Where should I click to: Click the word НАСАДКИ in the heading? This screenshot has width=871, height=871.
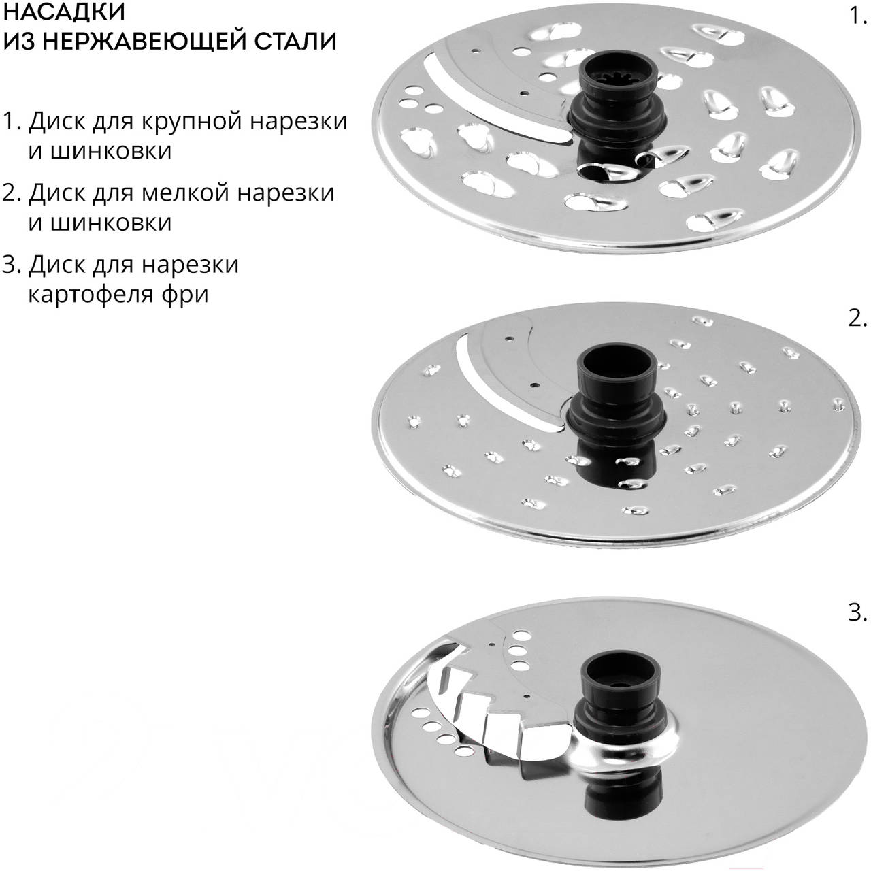click(x=64, y=12)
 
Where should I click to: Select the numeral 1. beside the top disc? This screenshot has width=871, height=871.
click(x=857, y=17)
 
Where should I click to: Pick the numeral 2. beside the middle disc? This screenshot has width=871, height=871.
click(x=857, y=320)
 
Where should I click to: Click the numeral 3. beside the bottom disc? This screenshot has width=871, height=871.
click(x=857, y=613)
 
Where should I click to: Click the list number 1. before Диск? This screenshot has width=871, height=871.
click(x=12, y=121)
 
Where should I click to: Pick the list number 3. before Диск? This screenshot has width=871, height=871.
click(x=12, y=265)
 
